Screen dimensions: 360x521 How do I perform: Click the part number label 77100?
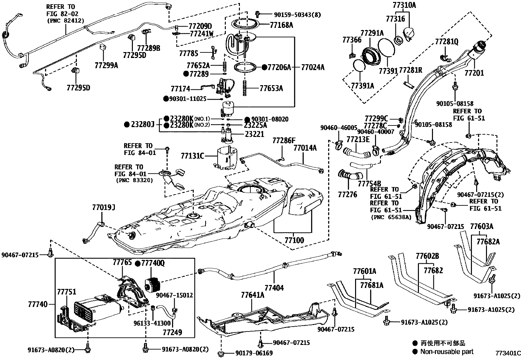(x=294, y=240)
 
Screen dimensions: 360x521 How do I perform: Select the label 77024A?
(x=313, y=67)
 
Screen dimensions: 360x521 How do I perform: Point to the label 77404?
(x=274, y=288)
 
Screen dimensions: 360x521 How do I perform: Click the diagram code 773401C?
(x=507, y=353)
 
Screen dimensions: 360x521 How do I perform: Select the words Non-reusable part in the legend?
(x=447, y=352)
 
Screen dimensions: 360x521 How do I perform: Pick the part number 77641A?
(x=252, y=295)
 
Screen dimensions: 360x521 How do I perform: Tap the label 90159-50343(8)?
(x=297, y=14)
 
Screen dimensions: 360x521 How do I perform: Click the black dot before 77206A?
(x=264, y=67)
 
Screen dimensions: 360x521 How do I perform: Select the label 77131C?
(x=192, y=156)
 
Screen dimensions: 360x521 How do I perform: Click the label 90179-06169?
(x=254, y=353)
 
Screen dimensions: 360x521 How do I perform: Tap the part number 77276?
(x=347, y=194)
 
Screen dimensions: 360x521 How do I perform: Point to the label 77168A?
(x=281, y=25)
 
